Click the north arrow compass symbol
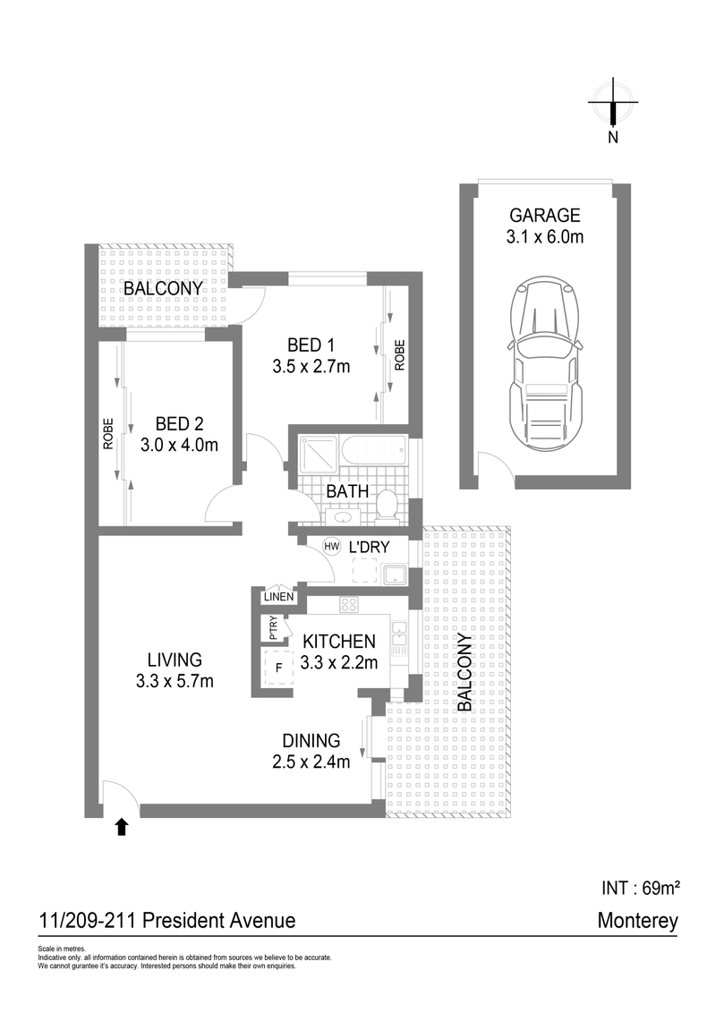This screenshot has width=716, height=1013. (x=613, y=104)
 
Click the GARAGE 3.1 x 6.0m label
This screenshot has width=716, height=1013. (x=545, y=226)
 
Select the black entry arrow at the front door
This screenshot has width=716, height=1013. (x=122, y=827)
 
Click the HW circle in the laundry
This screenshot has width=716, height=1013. (x=331, y=546)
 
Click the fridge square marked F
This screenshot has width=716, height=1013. (x=279, y=668)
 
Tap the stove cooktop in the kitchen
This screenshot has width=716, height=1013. (x=348, y=606)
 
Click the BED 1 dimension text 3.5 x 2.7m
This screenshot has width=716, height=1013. (x=311, y=365)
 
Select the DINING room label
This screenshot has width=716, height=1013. (x=311, y=741)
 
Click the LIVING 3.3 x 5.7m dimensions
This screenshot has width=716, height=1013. (x=175, y=683)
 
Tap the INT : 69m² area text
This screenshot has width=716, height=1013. (x=637, y=888)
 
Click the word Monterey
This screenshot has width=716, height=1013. (x=637, y=920)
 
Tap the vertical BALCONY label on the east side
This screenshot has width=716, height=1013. (x=465, y=673)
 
